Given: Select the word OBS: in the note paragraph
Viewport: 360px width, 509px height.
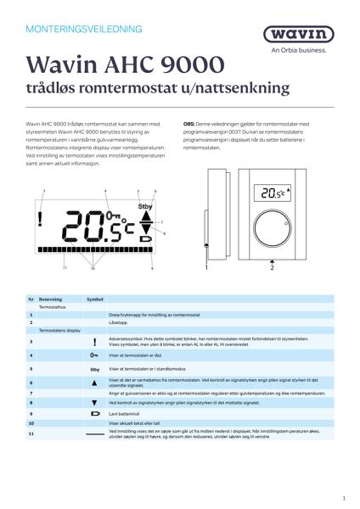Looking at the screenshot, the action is tap(189, 123).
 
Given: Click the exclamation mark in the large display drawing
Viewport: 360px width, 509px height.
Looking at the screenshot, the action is tap(41, 221).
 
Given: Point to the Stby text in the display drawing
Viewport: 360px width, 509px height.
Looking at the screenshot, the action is tap(144, 205).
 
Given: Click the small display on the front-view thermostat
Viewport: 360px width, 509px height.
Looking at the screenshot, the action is tap(273, 194).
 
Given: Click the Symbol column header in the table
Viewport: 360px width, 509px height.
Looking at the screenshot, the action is tap(95, 299).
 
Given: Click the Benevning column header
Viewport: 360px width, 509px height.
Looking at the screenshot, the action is tap(51, 299).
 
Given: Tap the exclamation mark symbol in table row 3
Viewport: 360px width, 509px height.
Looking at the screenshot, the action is tap(95, 342).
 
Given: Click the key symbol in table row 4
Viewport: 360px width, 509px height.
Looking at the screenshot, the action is tap(95, 356).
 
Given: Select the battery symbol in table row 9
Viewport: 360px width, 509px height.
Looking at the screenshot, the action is tap(95, 413).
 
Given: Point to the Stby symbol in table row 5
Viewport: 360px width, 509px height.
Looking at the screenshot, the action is tap(95, 369).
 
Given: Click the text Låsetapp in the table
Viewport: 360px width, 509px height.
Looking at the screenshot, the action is tap(119, 322).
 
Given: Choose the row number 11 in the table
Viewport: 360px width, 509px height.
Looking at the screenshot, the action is tap(31, 433).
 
